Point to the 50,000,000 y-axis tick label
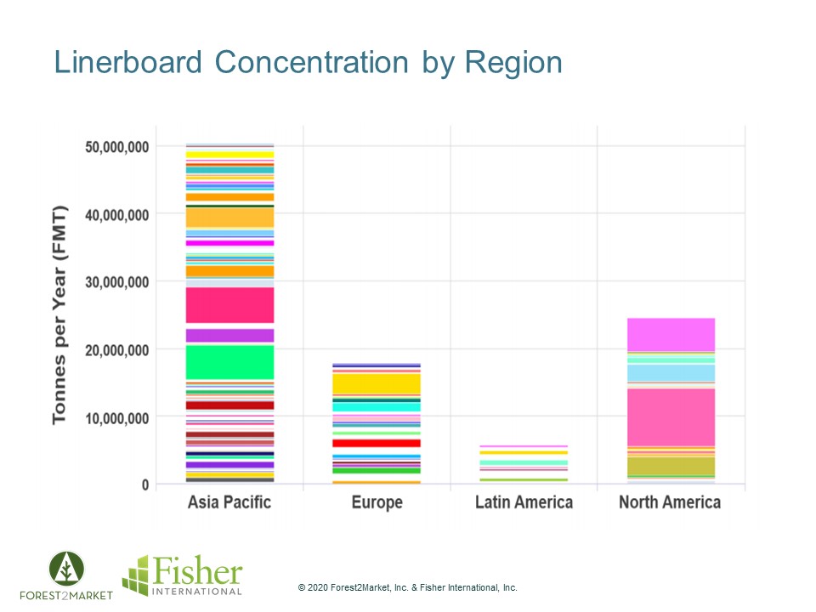(x=117, y=147)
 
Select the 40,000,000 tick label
(x=117, y=214)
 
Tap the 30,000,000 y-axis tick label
(x=117, y=282)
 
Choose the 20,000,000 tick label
(x=117, y=349)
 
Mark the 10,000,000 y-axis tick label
(x=117, y=417)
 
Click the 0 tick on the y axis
(x=144, y=484)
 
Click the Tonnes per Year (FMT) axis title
(x=59, y=314)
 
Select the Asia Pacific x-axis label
(x=229, y=502)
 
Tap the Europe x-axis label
(x=377, y=502)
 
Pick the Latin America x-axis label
(x=524, y=502)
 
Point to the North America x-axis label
(x=670, y=502)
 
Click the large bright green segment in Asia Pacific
(x=229, y=362)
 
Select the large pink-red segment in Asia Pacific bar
(x=229, y=305)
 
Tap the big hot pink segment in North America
(x=670, y=416)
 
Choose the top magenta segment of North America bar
(x=670, y=334)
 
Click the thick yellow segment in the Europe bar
(x=377, y=384)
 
